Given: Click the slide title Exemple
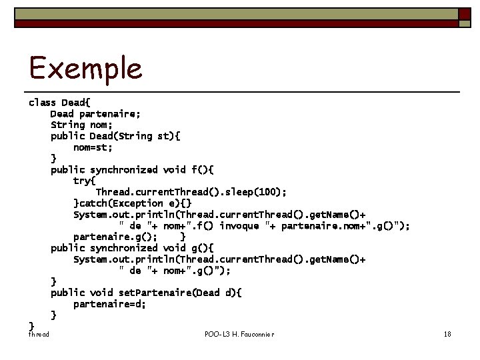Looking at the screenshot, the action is coord(85,68).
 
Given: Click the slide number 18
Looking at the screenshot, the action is coord(447,333).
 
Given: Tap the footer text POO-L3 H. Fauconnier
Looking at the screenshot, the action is coord(239,333).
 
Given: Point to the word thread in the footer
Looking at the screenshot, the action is coord(38,333).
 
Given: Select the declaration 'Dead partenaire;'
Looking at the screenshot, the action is coord(95,114).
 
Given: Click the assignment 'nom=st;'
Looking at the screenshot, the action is coord(93,147).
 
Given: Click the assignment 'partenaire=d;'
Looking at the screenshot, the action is coord(109,303).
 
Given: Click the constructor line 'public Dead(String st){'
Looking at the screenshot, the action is coord(115,136).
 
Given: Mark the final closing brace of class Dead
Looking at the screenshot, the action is coord(31,325).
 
